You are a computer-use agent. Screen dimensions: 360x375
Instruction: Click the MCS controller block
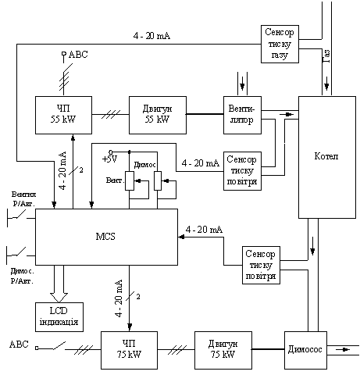click(106, 237)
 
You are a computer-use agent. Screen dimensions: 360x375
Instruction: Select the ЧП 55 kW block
click(63, 115)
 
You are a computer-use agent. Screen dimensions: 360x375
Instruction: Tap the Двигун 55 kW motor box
click(158, 115)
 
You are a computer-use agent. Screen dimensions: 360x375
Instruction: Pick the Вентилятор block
click(242, 115)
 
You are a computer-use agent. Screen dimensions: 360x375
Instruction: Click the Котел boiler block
click(327, 157)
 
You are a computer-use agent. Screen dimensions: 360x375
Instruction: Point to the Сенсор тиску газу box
click(280, 44)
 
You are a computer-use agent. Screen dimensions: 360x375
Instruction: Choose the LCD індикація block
click(59, 317)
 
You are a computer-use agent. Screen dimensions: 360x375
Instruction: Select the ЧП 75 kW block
click(129, 350)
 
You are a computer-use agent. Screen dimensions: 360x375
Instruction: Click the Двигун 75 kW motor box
click(223, 350)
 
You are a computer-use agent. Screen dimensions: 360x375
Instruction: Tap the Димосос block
click(305, 350)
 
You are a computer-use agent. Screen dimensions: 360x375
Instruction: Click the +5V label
click(109, 159)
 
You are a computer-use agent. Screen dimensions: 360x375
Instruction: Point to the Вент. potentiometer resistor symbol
click(130, 180)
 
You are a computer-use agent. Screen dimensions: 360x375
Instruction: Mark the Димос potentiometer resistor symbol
click(158, 180)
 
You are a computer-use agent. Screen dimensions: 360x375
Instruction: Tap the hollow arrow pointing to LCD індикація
click(59, 284)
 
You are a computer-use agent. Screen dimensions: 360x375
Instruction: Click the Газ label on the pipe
click(326, 56)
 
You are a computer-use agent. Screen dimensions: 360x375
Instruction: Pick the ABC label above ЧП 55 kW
click(78, 55)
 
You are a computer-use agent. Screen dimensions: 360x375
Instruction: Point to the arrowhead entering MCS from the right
click(181, 237)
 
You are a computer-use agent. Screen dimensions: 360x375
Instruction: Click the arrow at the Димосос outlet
click(343, 349)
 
